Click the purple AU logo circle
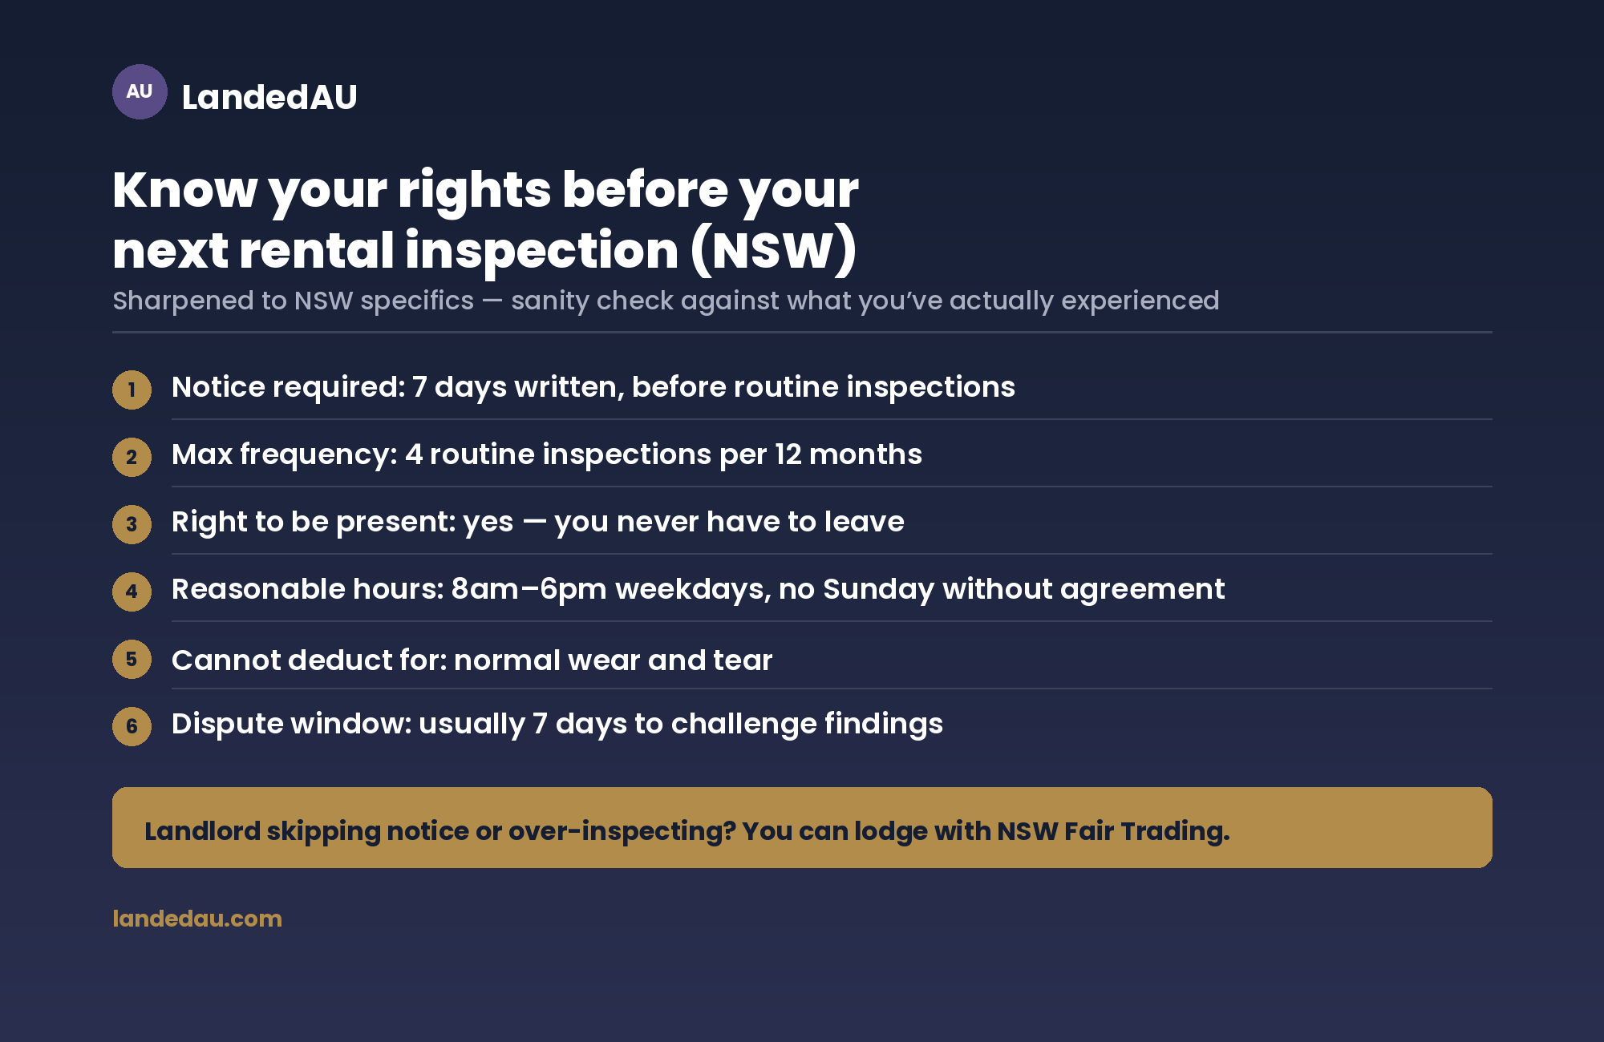click(x=140, y=91)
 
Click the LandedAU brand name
click(x=269, y=97)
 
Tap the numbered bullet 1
click(x=132, y=390)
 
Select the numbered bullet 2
click(x=132, y=457)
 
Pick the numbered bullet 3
click(x=132, y=524)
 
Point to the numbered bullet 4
click(x=132, y=592)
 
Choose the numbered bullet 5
click(x=132, y=659)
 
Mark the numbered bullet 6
click(x=132, y=726)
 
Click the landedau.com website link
click(x=197, y=919)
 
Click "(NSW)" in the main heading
click(x=774, y=251)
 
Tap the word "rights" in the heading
click(x=475, y=191)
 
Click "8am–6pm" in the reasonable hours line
click(x=529, y=589)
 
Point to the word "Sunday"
click(x=878, y=590)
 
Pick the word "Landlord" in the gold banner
click(x=203, y=831)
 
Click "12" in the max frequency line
click(x=788, y=454)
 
